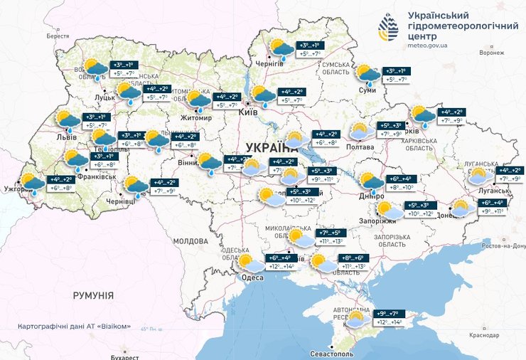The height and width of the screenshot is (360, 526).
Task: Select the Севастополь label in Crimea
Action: (331, 354)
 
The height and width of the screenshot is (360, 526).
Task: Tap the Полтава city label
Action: (360, 147)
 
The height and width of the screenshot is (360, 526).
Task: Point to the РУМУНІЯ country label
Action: (93, 295)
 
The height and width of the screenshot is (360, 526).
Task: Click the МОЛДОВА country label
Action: (189, 241)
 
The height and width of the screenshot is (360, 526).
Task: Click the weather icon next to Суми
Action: (367, 73)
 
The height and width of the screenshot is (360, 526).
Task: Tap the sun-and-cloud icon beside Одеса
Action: (249, 264)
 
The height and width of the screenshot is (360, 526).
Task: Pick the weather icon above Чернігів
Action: (280, 48)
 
